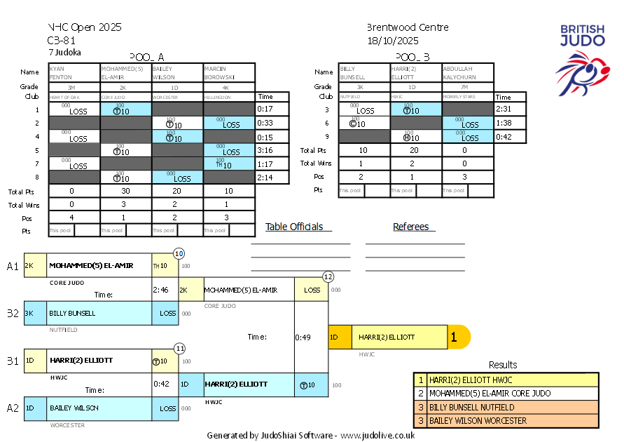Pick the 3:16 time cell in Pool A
(265, 150)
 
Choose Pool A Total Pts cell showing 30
(126, 191)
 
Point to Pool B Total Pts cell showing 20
(416, 150)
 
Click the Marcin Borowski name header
(229, 73)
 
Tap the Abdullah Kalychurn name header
(468, 73)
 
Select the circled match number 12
(328, 277)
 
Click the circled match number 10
(179, 253)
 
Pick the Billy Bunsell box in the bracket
(88, 313)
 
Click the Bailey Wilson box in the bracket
(88, 408)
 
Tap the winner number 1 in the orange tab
(454, 337)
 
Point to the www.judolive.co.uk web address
(378, 435)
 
